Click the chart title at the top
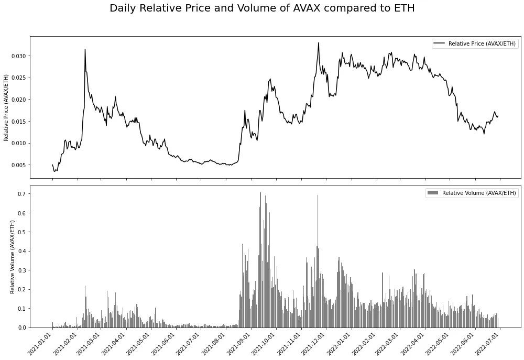262,8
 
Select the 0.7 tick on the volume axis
21,194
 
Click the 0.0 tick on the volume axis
21,328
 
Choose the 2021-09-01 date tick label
241,343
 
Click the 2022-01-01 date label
341,343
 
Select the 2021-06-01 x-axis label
166,343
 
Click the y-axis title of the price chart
6,107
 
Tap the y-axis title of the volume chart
13,257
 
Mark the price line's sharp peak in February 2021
85,50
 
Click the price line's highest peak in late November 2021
318,43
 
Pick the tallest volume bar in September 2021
260,193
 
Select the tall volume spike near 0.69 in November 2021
318,196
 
